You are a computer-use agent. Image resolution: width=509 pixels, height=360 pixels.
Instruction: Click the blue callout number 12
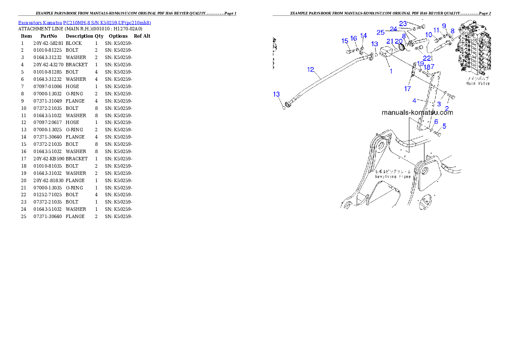tap(311, 69)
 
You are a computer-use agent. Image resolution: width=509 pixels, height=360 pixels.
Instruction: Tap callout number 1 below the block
tap(391, 71)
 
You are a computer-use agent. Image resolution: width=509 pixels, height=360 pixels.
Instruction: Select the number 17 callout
tap(408, 89)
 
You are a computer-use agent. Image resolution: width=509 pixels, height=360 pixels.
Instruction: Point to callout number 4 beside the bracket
tap(414, 100)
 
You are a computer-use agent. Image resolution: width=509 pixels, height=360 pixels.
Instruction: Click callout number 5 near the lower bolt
tap(444, 126)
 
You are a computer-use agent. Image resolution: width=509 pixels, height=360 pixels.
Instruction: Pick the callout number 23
tap(403, 24)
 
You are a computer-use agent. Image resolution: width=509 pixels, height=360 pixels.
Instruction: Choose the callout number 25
tap(380, 32)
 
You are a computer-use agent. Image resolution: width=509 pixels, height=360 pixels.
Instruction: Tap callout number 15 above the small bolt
tap(345, 41)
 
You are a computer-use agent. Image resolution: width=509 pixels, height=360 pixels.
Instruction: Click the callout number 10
tap(428, 35)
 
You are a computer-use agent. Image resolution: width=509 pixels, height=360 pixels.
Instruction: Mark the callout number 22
tap(427, 58)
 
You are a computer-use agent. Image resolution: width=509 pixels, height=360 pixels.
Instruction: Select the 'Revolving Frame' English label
tap(393, 176)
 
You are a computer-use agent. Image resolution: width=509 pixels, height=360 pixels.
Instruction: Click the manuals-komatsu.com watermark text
tap(417, 113)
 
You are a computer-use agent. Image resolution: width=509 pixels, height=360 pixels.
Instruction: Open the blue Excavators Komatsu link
tap(84, 22)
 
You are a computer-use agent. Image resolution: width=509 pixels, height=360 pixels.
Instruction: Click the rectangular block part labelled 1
tap(386, 53)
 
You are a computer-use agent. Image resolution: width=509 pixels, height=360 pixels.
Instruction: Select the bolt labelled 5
tap(437, 133)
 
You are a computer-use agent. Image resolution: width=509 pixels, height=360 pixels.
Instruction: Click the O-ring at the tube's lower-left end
tap(284, 107)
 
